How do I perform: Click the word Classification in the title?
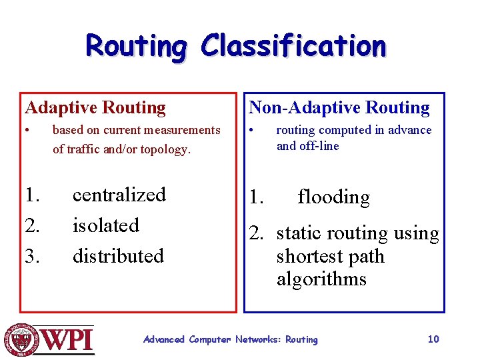tap(293, 46)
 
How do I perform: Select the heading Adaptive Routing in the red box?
tap(95, 107)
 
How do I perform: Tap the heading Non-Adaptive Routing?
tap(339, 107)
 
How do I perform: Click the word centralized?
tap(119, 195)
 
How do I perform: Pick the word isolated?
tap(105, 225)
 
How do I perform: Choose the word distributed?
tap(118, 256)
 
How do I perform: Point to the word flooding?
tap(333, 197)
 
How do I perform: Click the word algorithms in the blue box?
tap(321, 279)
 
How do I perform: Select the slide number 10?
tap(433, 339)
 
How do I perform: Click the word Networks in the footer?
tap(259, 339)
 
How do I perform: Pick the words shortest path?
tap(330, 257)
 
